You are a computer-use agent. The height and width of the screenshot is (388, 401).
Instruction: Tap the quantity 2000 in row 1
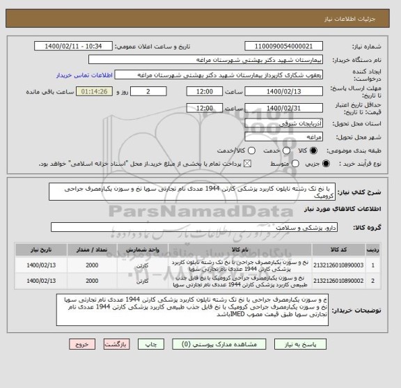[91, 265]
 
